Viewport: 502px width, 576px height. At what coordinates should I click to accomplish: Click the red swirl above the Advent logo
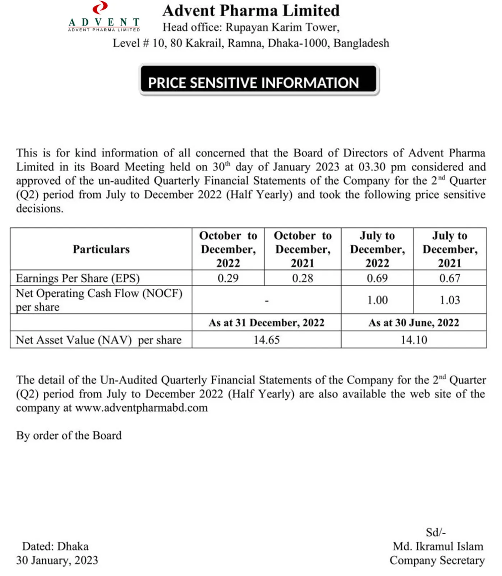[x=100, y=8]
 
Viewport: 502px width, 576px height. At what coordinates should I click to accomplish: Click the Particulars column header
[x=101, y=249]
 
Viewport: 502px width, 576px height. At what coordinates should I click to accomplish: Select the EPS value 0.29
[x=228, y=278]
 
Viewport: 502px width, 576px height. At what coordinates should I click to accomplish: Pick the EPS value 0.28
[x=302, y=278]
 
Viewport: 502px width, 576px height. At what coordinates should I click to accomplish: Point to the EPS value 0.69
[x=377, y=278]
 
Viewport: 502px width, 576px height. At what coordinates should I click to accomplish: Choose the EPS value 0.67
[x=450, y=278]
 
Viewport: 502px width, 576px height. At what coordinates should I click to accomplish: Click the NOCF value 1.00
[x=377, y=300]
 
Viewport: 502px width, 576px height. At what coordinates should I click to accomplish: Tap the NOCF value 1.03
[x=450, y=300]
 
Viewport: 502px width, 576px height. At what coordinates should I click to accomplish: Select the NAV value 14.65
[x=266, y=340]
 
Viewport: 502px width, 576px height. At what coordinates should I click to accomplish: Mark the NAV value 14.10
[x=414, y=340]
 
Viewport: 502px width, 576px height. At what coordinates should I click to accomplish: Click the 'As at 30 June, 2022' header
[x=414, y=323]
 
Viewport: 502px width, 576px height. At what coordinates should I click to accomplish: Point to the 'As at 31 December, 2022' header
[x=266, y=323]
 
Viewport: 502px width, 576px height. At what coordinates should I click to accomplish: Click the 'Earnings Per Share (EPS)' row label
[x=78, y=278]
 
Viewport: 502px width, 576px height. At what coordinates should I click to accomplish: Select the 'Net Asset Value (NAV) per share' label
[x=98, y=340]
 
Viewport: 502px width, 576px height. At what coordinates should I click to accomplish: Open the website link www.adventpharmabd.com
[x=141, y=408]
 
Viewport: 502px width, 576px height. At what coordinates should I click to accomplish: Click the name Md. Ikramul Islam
[x=438, y=547]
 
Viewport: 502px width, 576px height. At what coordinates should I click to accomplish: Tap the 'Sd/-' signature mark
[x=436, y=532]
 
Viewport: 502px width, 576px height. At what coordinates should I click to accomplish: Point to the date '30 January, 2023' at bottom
[x=57, y=560]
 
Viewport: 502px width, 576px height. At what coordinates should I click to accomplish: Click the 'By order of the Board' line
[x=69, y=435]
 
